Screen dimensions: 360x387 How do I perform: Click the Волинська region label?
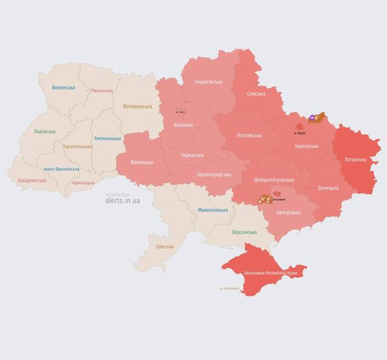coord(63,88)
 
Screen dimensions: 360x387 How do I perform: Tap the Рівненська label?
coord(101,91)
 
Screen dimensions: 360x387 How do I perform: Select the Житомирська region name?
coord(137,106)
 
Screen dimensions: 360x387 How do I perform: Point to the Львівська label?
coord(45,131)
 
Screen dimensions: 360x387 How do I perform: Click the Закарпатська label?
coord(32,180)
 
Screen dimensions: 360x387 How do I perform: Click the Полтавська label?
coord(249,135)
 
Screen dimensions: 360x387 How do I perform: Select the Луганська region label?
coord(355,159)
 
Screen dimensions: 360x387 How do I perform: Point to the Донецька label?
coord(328,187)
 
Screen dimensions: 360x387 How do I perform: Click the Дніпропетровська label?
coord(274,180)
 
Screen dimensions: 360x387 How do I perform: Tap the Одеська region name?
coord(165,246)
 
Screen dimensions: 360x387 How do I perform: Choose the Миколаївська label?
coord(213,210)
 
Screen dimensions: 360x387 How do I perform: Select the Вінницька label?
coord(142,162)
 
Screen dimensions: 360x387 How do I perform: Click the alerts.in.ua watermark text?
coord(122,201)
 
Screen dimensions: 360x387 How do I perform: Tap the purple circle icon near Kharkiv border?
coord(311,119)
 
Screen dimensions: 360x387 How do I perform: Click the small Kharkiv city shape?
coord(299,127)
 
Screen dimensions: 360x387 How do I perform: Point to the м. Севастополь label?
coord(229,289)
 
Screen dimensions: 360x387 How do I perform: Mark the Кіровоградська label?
coord(214,175)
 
